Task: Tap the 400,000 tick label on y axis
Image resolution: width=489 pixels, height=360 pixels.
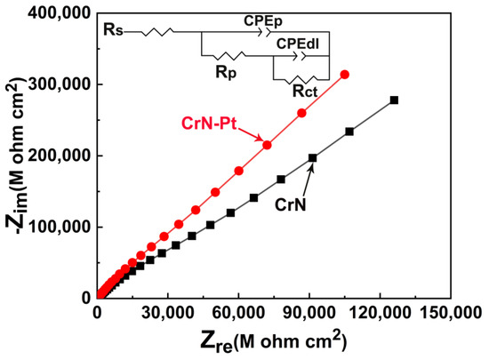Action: (x=60, y=13)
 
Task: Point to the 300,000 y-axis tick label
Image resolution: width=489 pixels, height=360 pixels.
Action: (x=60, y=84)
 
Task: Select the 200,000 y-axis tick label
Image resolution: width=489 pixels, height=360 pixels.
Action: (x=60, y=156)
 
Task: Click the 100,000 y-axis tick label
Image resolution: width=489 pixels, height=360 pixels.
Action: (x=60, y=227)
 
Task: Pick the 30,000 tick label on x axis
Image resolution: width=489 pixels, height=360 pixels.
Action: (x=167, y=313)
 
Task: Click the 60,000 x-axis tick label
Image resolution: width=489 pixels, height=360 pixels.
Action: (x=238, y=313)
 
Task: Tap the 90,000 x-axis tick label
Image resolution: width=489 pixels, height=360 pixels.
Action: (x=309, y=313)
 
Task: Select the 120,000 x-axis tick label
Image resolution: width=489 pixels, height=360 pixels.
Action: (x=380, y=313)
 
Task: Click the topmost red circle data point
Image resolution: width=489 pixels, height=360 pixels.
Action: (x=345, y=75)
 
